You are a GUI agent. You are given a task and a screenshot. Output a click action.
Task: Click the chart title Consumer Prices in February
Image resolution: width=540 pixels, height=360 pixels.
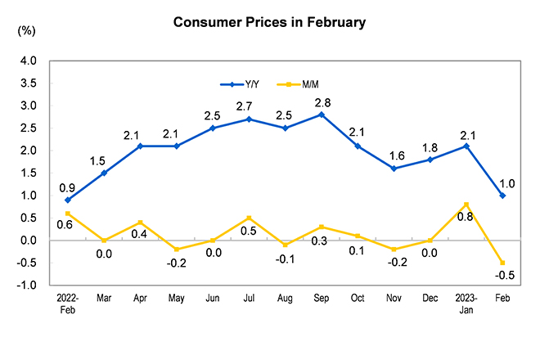point(269,22)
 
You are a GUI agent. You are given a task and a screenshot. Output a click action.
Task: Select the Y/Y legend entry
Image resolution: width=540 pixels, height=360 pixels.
point(240,84)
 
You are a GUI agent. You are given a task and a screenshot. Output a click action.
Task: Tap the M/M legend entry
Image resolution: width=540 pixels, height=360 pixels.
point(298,84)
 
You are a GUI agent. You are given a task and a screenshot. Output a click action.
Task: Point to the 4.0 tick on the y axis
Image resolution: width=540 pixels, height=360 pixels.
point(29,61)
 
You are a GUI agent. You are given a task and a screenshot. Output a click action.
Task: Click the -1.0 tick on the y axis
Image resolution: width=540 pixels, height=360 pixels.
point(26,286)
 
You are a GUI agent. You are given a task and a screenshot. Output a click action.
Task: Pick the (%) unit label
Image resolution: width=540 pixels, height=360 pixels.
point(26,31)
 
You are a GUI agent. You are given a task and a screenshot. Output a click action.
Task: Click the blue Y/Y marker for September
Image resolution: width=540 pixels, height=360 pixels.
point(322,115)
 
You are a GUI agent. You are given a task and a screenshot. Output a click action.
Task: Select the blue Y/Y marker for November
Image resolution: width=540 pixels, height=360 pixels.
point(394,169)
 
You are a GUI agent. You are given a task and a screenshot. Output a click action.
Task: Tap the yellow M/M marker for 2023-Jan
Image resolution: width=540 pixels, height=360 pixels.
point(466,205)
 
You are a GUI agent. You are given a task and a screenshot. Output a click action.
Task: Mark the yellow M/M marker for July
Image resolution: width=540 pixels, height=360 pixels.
point(249,218)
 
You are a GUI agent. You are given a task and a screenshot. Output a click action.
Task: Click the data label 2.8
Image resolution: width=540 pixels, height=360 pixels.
point(322,102)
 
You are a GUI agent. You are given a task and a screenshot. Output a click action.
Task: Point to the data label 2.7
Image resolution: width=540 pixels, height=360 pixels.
point(244,106)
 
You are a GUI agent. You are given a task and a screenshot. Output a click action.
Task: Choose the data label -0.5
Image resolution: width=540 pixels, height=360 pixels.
point(505,275)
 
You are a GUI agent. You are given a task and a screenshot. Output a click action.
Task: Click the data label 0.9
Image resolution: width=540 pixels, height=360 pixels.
point(67,188)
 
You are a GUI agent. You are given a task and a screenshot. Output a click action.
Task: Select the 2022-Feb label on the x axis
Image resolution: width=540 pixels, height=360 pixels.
point(67,304)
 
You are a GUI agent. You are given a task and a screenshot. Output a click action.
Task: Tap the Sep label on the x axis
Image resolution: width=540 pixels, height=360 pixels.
point(322,298)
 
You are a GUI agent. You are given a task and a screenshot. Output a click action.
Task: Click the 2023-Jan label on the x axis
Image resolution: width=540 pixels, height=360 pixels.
point(466,304)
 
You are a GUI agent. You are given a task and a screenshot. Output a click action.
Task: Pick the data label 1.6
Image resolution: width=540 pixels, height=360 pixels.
point(397,156)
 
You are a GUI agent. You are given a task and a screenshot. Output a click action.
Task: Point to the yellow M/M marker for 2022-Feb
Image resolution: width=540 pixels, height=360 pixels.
point(67,214)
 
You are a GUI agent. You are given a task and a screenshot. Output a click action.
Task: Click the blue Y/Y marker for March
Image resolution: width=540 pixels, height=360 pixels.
point(104,173)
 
